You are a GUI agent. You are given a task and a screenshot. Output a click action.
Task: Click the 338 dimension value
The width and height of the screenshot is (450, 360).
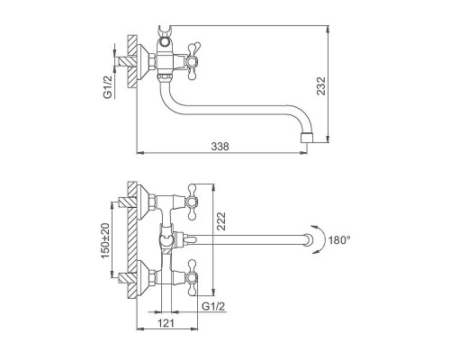pos(220,146)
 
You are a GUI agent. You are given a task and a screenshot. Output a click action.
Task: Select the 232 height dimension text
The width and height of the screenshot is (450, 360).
pos(321,85)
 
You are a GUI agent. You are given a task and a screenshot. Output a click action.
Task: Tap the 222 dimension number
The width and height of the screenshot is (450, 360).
pos(221,221)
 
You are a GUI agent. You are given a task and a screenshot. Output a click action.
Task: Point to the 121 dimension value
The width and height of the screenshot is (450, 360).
pos(166,323)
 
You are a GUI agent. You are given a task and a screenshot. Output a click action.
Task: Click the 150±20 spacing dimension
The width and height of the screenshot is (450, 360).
pos(105,241)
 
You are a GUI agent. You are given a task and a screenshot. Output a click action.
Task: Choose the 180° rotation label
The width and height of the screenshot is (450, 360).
pos(339,240)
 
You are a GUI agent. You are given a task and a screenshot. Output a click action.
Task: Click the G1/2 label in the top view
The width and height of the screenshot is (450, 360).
pos(108,86)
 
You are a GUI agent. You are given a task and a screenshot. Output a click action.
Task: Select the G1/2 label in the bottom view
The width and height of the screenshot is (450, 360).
pos(213,306)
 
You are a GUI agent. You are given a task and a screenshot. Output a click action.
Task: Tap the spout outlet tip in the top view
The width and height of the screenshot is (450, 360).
pos(307,138)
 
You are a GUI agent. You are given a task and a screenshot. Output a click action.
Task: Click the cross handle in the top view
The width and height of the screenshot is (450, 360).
pos(193,61)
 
